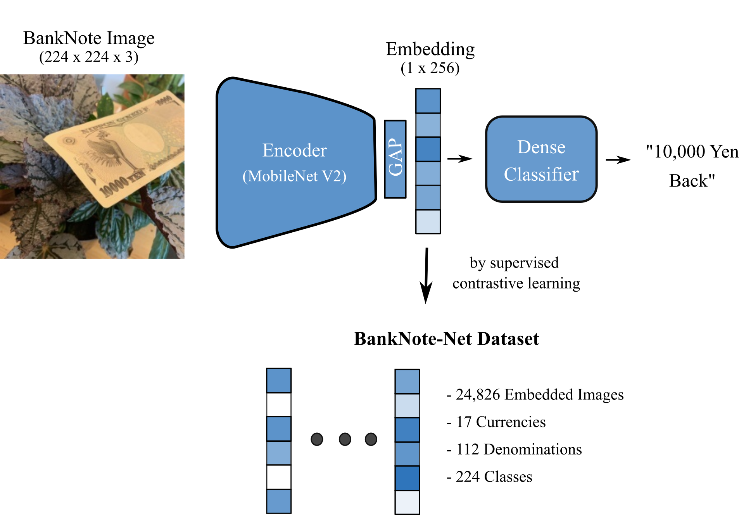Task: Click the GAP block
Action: click(x=395, y=159)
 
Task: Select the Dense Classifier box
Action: click(x=541, y=159)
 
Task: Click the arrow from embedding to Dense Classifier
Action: click(x=459, y=159)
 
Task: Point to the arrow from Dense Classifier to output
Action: click(x=618, y=160)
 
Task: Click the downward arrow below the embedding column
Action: click(x=426, y=275)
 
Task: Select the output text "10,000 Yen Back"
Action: click(x=692, y=166)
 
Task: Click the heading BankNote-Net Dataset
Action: click(x=446, y=339)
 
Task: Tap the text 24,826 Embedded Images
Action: click(x=535, y=395)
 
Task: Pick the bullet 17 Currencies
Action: click(x=496, y=422)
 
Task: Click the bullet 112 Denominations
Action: click(x=514, y=449)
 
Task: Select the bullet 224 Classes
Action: click(x=489, y=477)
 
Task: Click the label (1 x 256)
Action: click(x=430, y=68)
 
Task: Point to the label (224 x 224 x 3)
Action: click(x=89, y=57)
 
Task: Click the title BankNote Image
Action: click(x=89, y=38)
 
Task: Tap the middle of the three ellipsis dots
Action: click(x=345, y=439)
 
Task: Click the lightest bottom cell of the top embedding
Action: click(x=428, y=222)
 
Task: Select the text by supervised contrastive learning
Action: click(x=516, y=273)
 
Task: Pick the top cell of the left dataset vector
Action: click(x=278, y=380)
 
